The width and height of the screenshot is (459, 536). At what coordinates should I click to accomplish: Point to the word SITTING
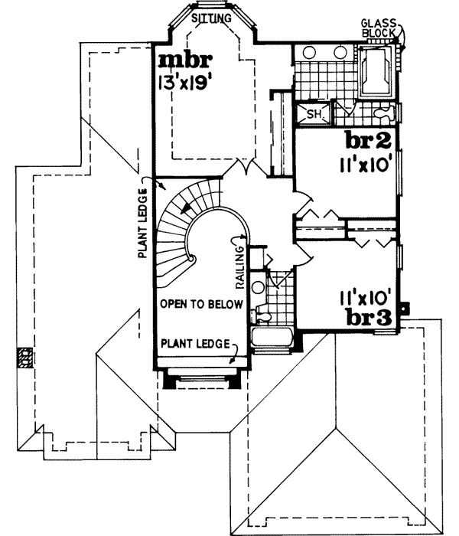(x=210, y=16)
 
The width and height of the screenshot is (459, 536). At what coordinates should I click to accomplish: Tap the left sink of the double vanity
(x=312, y=54)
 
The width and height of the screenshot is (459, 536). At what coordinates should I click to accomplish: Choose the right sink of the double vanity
(x=340, y=54)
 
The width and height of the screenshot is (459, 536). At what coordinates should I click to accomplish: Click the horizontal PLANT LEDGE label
(x=195, y=344)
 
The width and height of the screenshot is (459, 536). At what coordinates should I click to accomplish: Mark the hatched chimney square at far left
(x=25, y=357)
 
